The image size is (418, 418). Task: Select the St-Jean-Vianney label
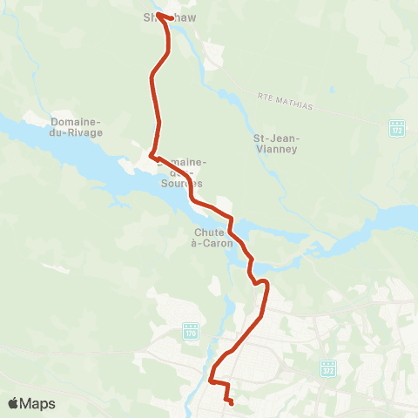click(276, 143)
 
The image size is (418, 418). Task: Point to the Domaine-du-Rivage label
click(78, 127)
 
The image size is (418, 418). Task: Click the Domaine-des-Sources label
click(181, 172)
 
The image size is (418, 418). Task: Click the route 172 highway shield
click(397, 129)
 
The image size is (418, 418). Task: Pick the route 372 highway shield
click(327, 368)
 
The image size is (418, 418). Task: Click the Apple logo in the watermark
click(14, 403)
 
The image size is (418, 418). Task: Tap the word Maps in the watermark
click(38, 403)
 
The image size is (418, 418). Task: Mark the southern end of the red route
click(232, 402)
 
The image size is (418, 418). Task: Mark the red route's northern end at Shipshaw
click(158, 15)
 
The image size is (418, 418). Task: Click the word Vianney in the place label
click(276, 149)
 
